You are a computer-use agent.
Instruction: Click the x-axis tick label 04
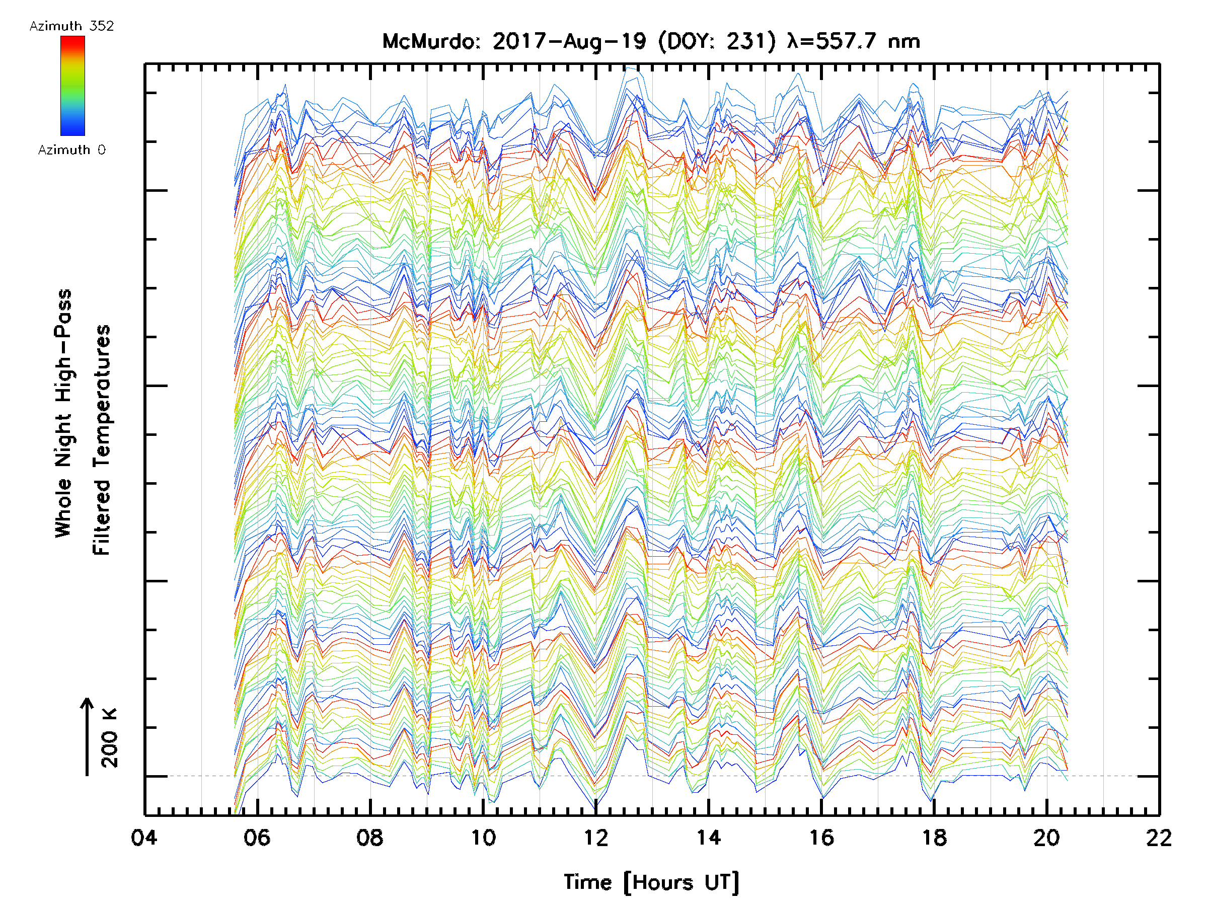tap(144, 837)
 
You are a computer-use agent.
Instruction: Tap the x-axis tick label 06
tap(257, 837)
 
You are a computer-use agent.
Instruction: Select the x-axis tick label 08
tap(370, 837)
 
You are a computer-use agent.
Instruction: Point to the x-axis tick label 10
tap(483, 837)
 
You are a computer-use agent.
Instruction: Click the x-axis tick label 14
tap(708, 837)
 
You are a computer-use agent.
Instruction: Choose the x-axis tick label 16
tap(821, 837)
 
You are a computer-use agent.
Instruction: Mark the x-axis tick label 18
tap(934, 837)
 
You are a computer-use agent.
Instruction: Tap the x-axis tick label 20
tap(1047, 837)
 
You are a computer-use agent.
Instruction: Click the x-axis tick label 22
tap(1159, 837)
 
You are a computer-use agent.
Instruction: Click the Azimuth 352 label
tap(71, 26)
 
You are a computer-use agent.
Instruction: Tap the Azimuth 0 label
tap(71, 149)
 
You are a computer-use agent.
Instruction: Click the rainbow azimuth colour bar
tap(72, 86)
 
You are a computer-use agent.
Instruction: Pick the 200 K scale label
tap(110, 738)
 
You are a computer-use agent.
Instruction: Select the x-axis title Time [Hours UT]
tap(651, 882)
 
